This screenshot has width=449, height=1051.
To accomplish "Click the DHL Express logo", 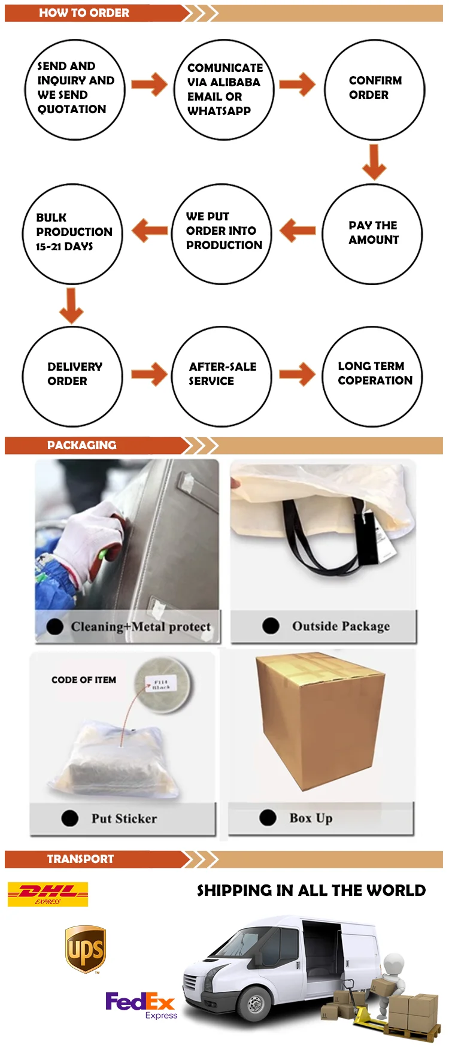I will [48, 893].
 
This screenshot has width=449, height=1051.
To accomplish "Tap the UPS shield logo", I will [86, 949].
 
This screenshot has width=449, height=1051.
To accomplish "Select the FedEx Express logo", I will [141, 1004].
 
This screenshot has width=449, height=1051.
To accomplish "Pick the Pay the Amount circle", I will [372, 234].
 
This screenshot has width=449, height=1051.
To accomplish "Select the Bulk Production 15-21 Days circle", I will [72, 234].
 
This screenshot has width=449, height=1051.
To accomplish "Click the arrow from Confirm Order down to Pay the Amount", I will [374, 162].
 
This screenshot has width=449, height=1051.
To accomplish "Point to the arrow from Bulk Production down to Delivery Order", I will [71, 305].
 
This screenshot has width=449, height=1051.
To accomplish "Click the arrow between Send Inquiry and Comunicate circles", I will [149, 84].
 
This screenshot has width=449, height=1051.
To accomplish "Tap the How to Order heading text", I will [84, 13].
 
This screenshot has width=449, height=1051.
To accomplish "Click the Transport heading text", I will [80, 859].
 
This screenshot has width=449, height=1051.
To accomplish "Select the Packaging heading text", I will [81, 445].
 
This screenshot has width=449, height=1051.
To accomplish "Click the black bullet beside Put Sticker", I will [69, 818].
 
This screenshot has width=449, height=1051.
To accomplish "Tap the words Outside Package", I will [341, 626].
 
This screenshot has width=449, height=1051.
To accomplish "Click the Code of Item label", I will [84, 680].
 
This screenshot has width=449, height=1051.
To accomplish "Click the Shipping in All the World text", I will [311, 891].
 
